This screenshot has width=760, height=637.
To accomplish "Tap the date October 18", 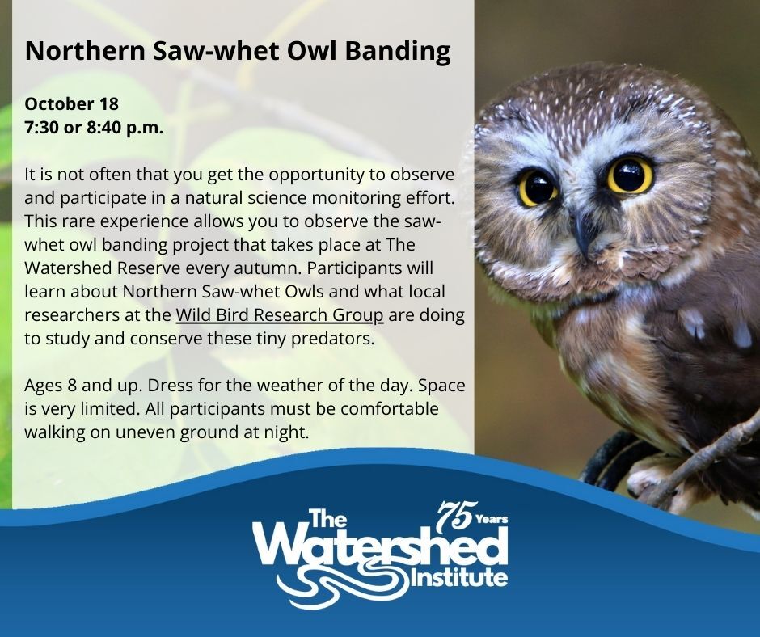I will [x=72, y=104].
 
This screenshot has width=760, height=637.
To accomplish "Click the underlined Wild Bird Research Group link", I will [x=279, y=315].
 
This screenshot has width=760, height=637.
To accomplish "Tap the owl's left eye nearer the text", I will [x=537, y=188].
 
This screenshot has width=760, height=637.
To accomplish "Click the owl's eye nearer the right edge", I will [x=630, y=175].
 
